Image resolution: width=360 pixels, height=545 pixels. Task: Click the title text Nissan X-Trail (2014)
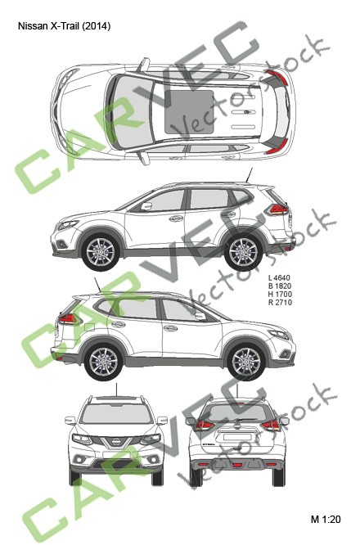pyautogui.click(x=64, y=26)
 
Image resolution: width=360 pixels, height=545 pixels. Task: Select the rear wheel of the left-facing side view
pyautogui.click(x=242, y=250)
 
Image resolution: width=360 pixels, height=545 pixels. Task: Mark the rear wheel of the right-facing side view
pyautogui.click(x=104, y=361)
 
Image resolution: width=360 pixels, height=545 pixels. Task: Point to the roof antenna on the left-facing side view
pyautogui.click(x=250, y=174)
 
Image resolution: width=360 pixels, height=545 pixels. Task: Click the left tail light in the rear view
pyautogui.click(x=203, y=425)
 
